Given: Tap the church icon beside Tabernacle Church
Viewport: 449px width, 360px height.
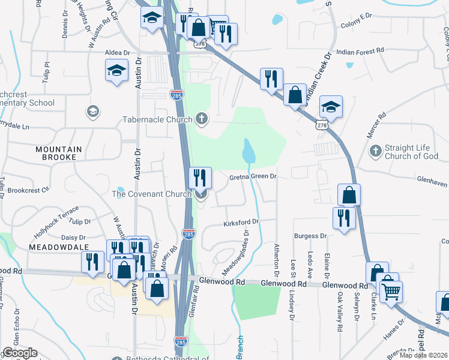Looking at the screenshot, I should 202,119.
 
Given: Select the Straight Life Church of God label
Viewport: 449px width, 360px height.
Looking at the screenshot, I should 413,152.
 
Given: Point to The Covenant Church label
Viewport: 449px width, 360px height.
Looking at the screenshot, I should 152,194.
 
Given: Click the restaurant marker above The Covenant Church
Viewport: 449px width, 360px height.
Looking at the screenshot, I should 200,178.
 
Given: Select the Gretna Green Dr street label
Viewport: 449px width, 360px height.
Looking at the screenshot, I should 253,177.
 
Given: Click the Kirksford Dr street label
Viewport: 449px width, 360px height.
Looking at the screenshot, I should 241,222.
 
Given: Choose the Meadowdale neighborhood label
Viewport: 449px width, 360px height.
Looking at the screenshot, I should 61,247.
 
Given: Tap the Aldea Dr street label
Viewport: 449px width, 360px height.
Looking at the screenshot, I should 117,53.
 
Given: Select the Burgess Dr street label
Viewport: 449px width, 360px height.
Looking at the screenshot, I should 310,236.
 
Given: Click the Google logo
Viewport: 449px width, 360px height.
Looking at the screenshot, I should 20,353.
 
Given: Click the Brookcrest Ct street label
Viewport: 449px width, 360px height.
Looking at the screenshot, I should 29,190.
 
